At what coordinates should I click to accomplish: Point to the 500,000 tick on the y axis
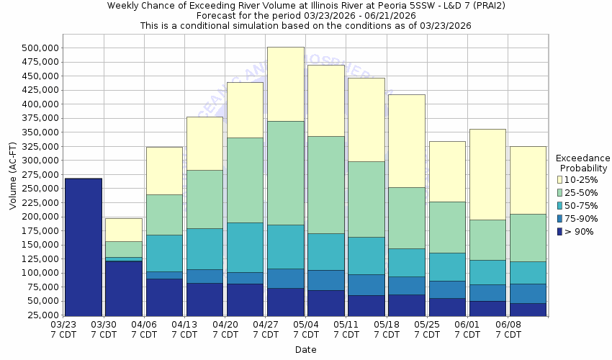click(40, 48)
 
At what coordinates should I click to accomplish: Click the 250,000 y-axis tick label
click(40, 189)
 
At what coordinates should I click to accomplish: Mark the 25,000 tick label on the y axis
click(42, 315)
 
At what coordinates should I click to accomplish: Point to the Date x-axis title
click(305, 350)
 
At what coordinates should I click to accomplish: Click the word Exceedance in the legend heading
click(582, 158)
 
